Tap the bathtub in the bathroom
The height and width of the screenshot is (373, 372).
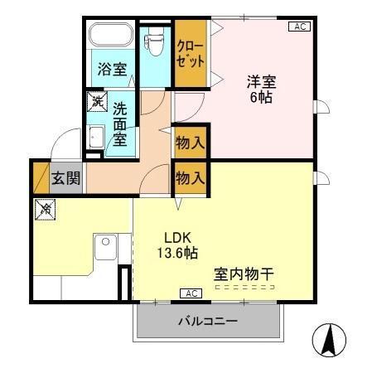(x=111, y=36)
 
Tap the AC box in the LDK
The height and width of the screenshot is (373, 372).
(x=191, y=293)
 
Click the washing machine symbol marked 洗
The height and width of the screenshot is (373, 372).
(x=98, y=102)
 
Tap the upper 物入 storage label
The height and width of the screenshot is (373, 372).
(x=190, y=143)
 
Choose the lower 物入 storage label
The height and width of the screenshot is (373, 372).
(x=190, y=177)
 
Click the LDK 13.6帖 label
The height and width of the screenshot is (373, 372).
(x=179, y=243)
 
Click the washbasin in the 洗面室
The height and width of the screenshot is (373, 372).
(x=94, y=138)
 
